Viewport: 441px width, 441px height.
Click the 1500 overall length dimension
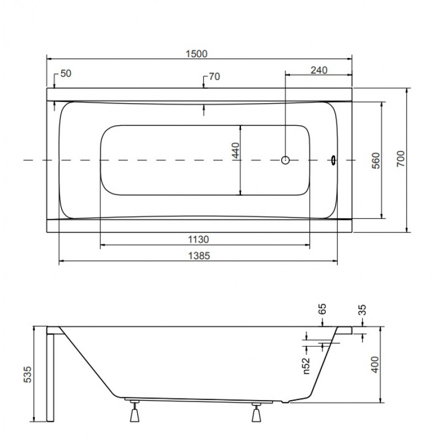[x=197, y=53]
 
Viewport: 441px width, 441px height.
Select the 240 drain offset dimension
[x=319, y=70]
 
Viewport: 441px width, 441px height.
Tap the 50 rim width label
[x=66, y=73]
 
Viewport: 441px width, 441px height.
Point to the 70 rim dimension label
[x=214, y=77]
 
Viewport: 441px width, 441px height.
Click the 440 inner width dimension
[x=236, y=150]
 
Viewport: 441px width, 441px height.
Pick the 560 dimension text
[x=376, y=160]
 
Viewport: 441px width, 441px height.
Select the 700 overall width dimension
[x=401, y=159]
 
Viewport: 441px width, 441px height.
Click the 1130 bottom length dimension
[x=198, y=240]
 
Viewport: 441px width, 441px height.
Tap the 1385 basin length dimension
[x=199, y=256]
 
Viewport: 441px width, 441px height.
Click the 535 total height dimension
[x=27, y=374]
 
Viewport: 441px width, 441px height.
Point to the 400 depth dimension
[x=375, y=364]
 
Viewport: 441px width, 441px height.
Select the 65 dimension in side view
[x=322, y=309]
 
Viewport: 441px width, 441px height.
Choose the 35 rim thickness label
[x=363, y=310]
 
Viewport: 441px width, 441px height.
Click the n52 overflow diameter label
[x=306, y=365]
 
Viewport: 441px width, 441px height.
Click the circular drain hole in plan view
[x=285, y=160]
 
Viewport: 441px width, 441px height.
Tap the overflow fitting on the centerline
[x=334, y=160]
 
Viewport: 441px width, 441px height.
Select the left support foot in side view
[x=135, y=411]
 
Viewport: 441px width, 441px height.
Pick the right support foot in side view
[x=256, y=412]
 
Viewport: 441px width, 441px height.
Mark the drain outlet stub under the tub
[x=286, y=402]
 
